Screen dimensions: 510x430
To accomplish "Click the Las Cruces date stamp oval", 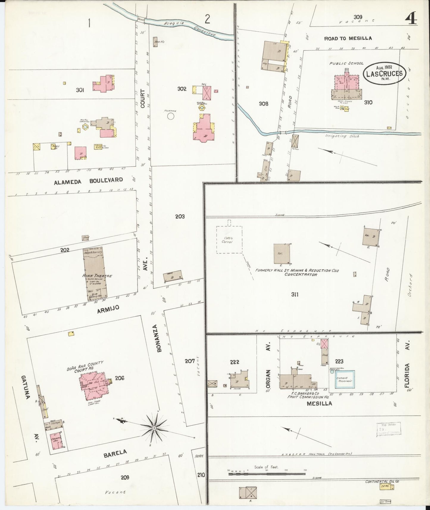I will coord(384,73).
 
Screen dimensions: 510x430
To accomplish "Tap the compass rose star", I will coord(154,428).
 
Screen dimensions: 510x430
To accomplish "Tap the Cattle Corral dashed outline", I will coord(229,240).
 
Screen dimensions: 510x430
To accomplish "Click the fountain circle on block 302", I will coord(171,116).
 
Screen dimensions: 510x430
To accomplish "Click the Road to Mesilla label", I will coord(348,38).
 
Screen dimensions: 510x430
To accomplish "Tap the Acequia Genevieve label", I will coord(190,29).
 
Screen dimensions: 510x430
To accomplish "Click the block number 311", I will coord(295,295).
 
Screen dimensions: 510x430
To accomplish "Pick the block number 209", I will coord(125,478).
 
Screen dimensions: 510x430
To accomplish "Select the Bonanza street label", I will coord(159,338).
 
